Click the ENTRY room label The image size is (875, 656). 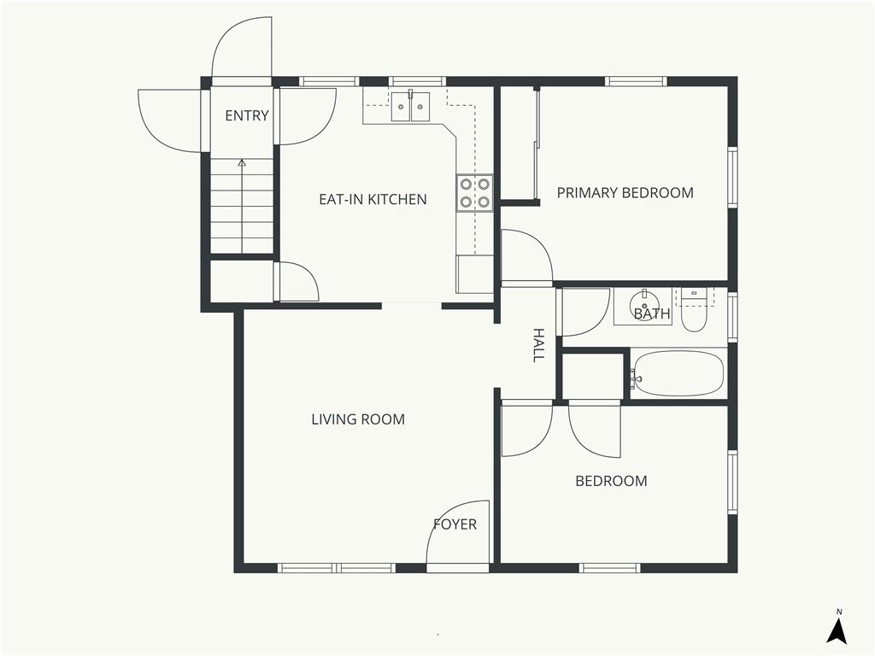[247, 115]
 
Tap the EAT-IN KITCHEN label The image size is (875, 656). [373, 199]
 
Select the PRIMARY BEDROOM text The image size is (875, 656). [625, 192]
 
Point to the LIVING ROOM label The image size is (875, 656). [358, 419]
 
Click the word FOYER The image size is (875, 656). [455, 524]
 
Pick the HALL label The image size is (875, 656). [538, 345]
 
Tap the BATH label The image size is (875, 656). [652, 313]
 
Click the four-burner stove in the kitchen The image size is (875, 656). [475, 193]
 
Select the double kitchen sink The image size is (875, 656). [410, 107]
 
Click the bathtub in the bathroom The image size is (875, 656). [678, 374]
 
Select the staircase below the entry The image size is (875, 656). [242, 206]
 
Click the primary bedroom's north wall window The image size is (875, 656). [636, 81]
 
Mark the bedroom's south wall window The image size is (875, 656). [609, 568]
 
